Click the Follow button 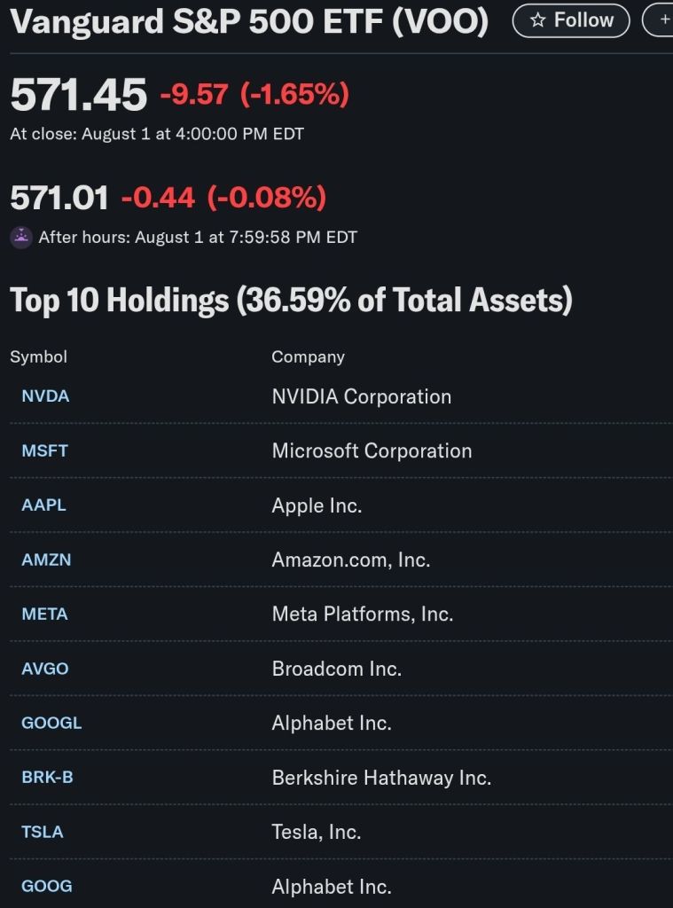(x=571, y=20)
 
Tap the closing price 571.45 (x=79, y=95)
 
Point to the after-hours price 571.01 (x=59, y=197)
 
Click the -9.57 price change (x=194, y=94)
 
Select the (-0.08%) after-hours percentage (x=267, y=197)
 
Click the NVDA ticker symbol (x=45, y=396)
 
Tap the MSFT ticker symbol (x=45, y=450)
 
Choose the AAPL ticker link (x=44, y=505)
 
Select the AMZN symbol (x=46, y=560)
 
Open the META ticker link (x=45, y=614)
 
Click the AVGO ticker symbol (x=45, y=669)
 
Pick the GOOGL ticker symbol (x=51, y=723)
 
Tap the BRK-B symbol (x=48, y=778)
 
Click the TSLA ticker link (x=43, y=832)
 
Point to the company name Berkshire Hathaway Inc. (x=381, y=778)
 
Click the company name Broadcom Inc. (x=337, y=669)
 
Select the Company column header (x=308, y=356)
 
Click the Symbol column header (x=38, y=356)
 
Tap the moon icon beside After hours (x=20, y=238)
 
